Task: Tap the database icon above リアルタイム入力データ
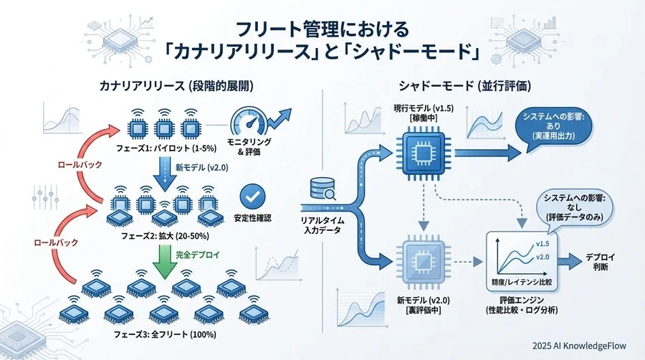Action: coord(320,188)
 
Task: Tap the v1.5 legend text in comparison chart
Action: coord(543,245)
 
